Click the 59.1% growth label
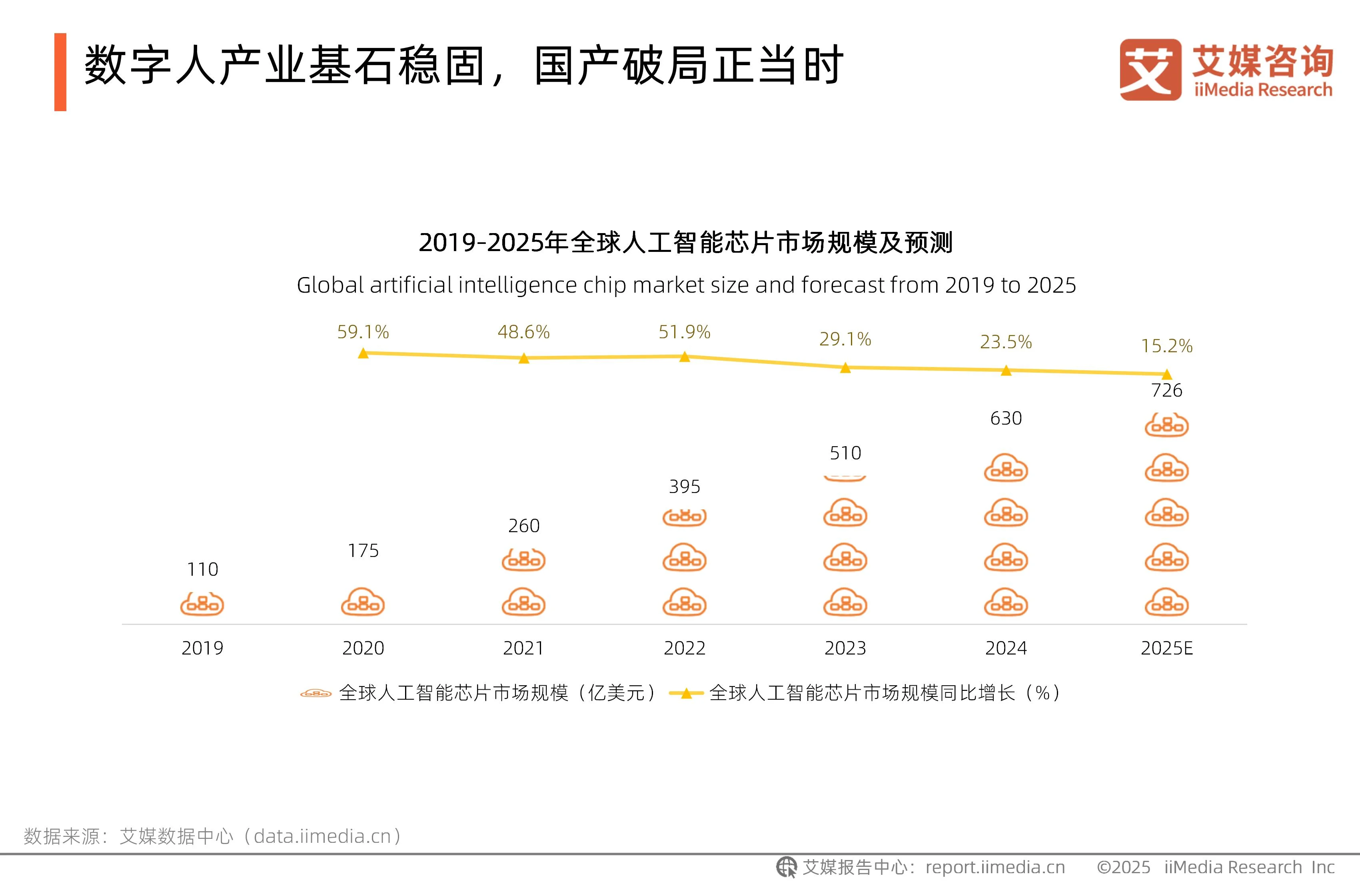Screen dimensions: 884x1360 pos(363,332)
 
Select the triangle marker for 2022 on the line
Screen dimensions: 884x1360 pos(685,357)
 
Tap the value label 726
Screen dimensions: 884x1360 pos(1166,390)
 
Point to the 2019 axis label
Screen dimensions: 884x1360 pos(202,648)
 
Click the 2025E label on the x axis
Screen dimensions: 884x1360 pos(1166,648)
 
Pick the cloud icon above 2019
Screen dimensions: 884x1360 pos(202,603)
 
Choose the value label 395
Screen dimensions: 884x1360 pos(685,487)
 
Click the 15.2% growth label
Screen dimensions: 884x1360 pos(1166,346)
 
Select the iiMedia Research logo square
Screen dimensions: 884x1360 pos(1150,70)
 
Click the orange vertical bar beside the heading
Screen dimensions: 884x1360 pos(60,72)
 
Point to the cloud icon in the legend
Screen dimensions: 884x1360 pos(316,694)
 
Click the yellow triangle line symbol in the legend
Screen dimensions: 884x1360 pos(686,694)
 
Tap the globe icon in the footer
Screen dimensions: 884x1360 pos(786,867)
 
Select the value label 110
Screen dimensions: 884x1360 pos(202,569)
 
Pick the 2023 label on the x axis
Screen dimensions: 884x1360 pos(845,648)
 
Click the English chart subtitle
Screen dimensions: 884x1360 pos(686,285)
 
